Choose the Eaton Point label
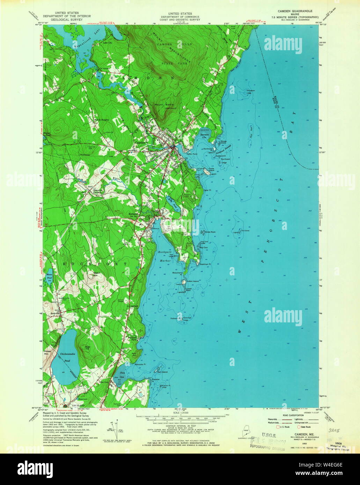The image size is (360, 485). tap(192, 154)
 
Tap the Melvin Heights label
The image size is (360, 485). tap(101, 120)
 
